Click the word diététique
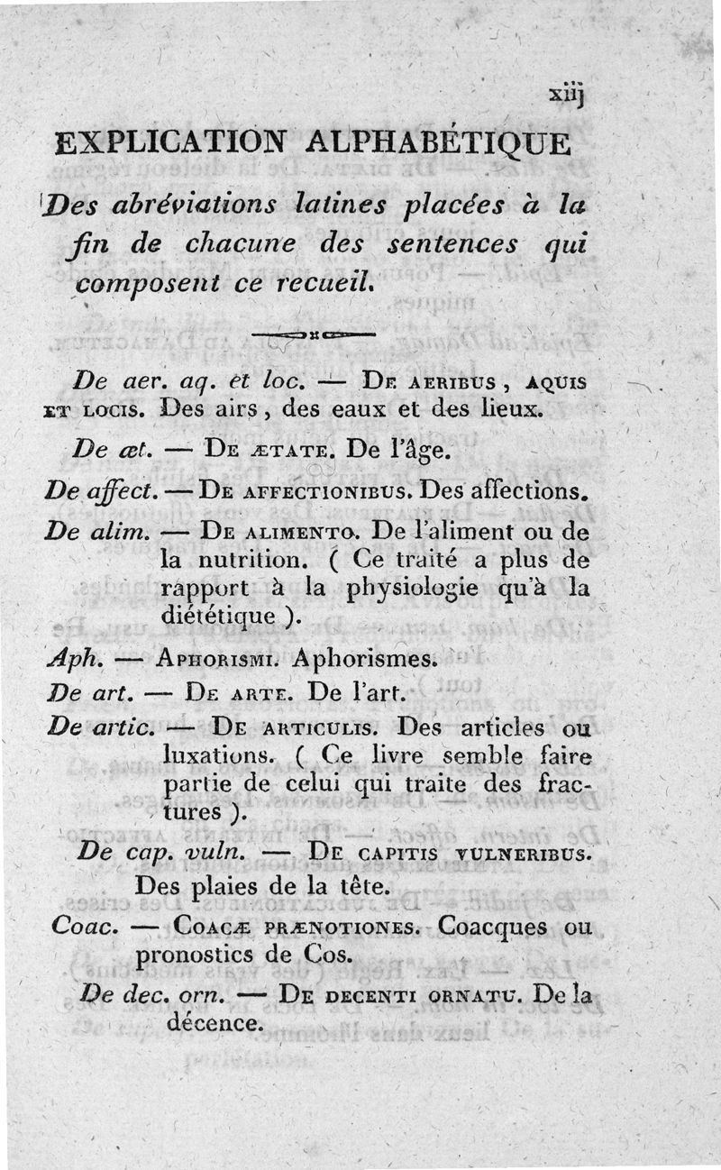218,617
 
